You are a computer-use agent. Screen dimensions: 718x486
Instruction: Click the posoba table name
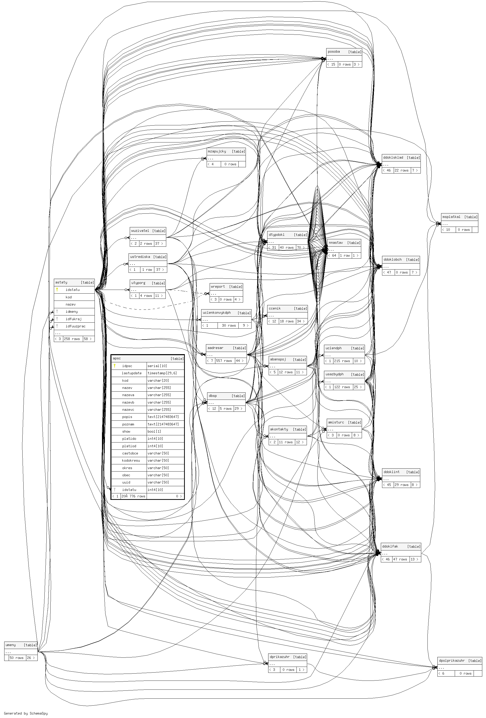point(334,52)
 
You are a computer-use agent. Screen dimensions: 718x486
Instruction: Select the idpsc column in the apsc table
point(127,366)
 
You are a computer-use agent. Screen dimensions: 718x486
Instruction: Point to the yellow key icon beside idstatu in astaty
point(57,289)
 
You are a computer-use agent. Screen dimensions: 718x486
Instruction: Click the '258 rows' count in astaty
point(72,339)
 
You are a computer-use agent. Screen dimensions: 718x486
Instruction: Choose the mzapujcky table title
point(217,151)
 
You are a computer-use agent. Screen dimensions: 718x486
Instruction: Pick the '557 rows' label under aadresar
point(224,361)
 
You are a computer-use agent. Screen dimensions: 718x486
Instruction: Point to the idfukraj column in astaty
point(73,319)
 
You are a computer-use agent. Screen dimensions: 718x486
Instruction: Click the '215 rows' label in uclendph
point(342,361)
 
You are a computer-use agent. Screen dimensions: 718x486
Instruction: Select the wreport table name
point(218,286)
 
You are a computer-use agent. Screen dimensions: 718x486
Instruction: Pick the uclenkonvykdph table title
point(217,313)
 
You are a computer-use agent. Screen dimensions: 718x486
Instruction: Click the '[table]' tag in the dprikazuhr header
point(299,657)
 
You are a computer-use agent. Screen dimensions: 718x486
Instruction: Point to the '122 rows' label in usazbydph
point(342,387)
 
